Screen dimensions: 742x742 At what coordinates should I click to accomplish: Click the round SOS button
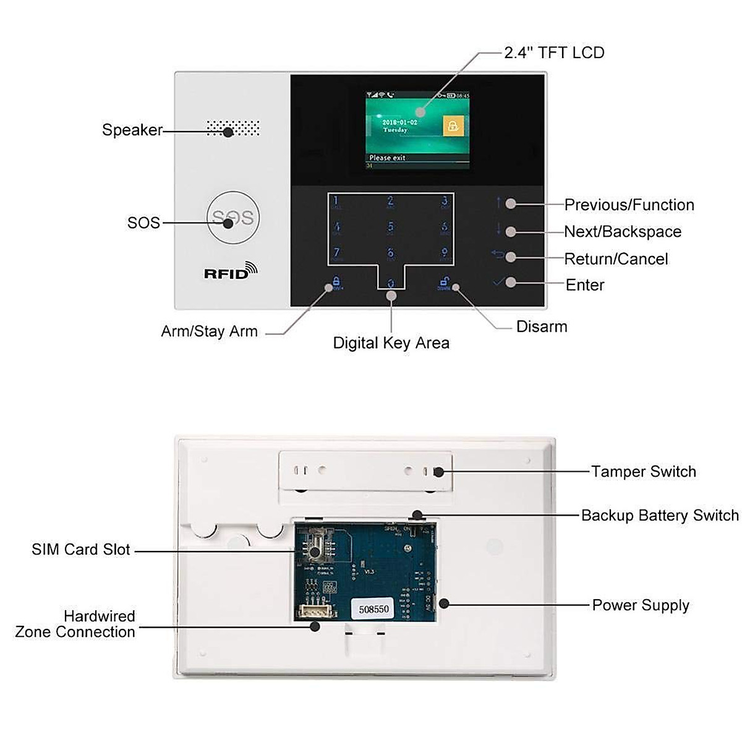click(232, 218)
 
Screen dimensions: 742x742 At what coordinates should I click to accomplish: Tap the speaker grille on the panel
click(232, 129)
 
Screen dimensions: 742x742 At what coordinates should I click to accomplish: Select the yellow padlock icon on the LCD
click(453, 127)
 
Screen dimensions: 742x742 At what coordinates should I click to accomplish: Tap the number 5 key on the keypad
click(390, 228)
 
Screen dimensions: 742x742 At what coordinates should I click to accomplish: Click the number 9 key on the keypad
click(444, 253)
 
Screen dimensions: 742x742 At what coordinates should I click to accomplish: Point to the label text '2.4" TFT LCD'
click(554, 53)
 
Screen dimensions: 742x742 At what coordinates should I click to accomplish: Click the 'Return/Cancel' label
click(616, 258)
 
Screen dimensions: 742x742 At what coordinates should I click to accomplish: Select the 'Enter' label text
click(585, 285)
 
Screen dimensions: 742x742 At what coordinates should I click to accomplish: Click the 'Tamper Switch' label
click(643, 472)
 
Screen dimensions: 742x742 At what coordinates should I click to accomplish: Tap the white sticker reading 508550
click(374, 608)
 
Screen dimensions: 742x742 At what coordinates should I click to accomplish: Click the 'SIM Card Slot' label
click(81, 549)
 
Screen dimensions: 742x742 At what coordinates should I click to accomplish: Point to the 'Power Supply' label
click(641, 605)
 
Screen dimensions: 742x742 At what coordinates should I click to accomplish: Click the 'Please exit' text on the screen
click(388, 158)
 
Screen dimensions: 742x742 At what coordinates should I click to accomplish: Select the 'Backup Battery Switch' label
click(660, 515)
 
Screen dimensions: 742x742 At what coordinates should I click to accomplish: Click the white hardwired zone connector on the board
click(315, 611)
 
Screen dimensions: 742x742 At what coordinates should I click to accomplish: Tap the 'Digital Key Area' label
click(391, 343)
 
